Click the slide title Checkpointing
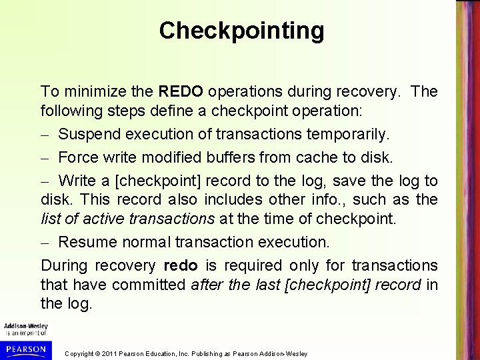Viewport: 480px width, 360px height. tap(242, 31)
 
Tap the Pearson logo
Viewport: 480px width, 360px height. tap(24, 349)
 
